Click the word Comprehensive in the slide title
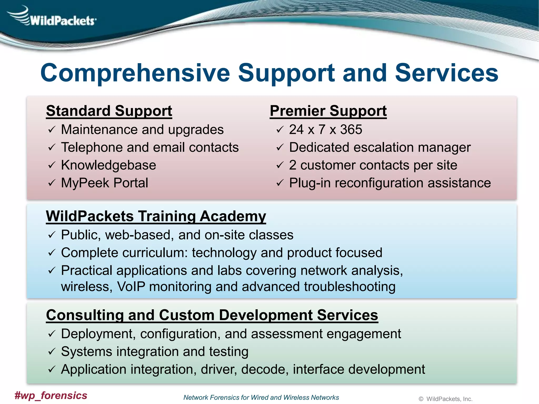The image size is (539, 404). pos(135,73)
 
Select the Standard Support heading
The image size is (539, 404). pos(109,111)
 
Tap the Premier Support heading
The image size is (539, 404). pos(328,111)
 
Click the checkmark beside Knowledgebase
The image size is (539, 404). pos(52,165)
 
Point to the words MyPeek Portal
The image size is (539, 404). pos(104,183)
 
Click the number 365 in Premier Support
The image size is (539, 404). pos(351,130)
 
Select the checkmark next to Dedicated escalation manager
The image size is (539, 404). pos(280,147)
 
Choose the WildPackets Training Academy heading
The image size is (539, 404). pos(156,216)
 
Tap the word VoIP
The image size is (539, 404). pos(131,286)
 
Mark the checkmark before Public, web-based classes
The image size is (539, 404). pos(52,235)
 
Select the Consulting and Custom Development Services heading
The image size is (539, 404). pos(212,315)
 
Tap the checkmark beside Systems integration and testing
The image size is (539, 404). pos(52,352)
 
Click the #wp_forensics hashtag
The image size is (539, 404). pos(51,395)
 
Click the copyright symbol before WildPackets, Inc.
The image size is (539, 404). pos(421,399)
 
